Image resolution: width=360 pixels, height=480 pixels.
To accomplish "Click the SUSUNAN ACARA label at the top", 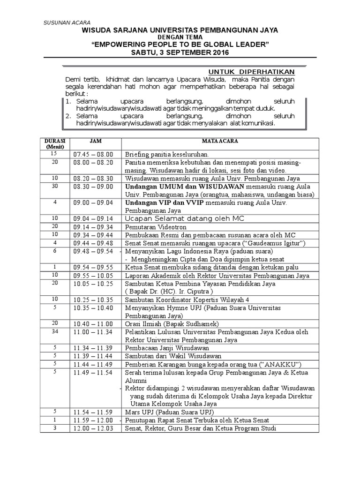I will tap(67, 22).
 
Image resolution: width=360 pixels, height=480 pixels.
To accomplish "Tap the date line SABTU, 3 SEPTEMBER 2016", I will tap(180, 52).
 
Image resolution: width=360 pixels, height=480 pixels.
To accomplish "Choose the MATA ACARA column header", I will tap(219, 141).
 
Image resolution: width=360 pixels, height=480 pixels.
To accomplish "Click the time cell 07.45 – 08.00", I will tap(93, 154).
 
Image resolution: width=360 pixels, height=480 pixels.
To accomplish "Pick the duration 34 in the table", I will tap(54, 331).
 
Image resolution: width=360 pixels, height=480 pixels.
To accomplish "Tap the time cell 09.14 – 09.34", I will tap(93, 226).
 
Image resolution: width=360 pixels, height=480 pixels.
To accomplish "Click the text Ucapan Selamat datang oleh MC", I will tap(184, 218).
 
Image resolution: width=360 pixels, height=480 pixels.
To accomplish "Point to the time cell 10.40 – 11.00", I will tap(93, 323).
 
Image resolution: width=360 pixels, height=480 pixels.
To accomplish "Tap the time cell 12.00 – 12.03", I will tap(93, 428).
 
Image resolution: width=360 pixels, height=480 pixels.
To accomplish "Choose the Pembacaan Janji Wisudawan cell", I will tap(167, 348).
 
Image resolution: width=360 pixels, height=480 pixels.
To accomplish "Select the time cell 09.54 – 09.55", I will tap(93, 267).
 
